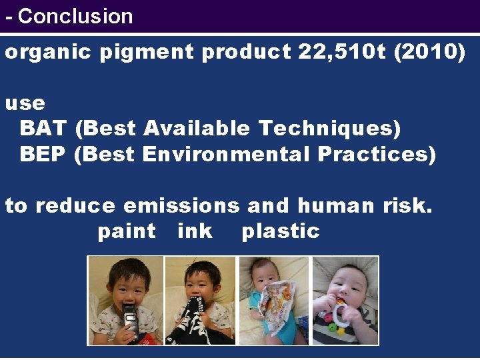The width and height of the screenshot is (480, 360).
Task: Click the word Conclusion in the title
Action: coord(75,16)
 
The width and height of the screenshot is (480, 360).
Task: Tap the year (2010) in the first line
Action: coord(430,53)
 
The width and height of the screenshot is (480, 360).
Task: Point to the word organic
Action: coord(47,53)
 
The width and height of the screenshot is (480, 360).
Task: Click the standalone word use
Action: coord(25,103)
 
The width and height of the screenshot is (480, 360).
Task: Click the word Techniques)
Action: coord(329,128)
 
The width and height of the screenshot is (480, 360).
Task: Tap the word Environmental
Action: coord(226,154)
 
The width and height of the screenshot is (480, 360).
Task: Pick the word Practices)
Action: coord(377,154)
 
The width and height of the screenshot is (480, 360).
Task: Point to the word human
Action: coord(337,206)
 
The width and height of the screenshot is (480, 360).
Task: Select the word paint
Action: coord(127,231)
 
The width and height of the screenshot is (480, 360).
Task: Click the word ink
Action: coord(195,231)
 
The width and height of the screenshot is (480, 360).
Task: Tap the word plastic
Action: coord(281,232)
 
